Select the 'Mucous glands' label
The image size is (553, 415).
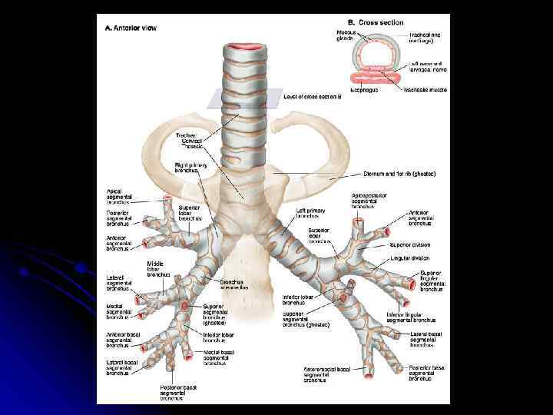(x=346, y=37)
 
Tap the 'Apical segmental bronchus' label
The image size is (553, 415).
(x=121, y=196)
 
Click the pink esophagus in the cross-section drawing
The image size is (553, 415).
(x=380, y=78)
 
